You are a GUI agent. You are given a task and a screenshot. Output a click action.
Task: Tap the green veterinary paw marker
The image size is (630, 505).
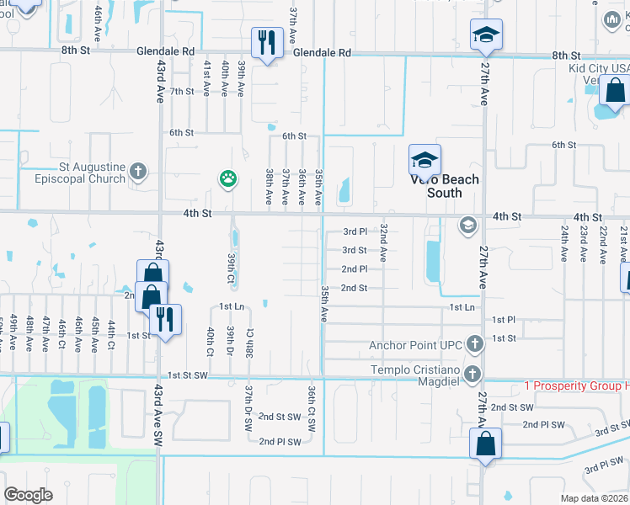pos(227,178)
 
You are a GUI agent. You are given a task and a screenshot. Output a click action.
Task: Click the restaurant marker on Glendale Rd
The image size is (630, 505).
pos(267,43)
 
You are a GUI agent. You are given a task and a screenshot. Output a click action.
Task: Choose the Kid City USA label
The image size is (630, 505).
pos(598,66)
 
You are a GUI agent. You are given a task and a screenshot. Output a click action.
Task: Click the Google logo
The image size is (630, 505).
pos(28,494)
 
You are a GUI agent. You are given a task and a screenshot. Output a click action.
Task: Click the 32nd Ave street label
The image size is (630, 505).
pos(383,243)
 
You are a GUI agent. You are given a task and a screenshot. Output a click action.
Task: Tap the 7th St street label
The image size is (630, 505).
pos(182,91)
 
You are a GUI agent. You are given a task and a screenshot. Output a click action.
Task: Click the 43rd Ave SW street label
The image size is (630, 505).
pos(157,417)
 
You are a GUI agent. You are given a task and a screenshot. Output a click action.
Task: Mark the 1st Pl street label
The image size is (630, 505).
pos(503,320)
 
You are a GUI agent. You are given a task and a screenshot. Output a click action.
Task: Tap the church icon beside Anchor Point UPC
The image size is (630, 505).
pos(475,344)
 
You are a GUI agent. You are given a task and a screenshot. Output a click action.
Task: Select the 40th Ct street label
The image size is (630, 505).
pos(211,343)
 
